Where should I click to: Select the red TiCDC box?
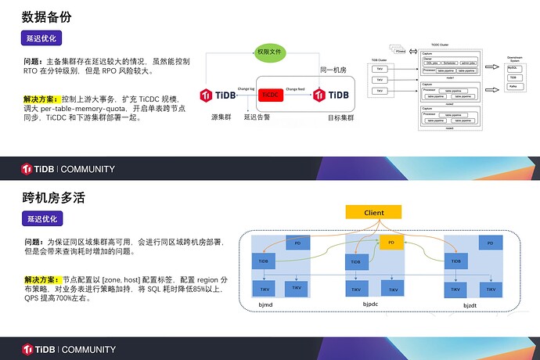click(x=269, y=95)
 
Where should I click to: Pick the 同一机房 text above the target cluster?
click(x=333, y=70)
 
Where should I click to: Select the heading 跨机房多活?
click(x=54, y=197)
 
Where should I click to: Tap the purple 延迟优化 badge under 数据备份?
click(x=42, y=38)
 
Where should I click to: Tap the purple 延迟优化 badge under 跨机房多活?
click(x=42, y=219)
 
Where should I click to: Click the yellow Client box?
click(x=374, y=212)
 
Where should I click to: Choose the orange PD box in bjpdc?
click(x=392, y=243)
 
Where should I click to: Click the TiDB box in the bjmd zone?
click(x=262, y=260)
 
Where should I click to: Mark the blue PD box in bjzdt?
click(x=490, y=244)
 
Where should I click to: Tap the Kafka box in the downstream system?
click(x=513, y=87)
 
